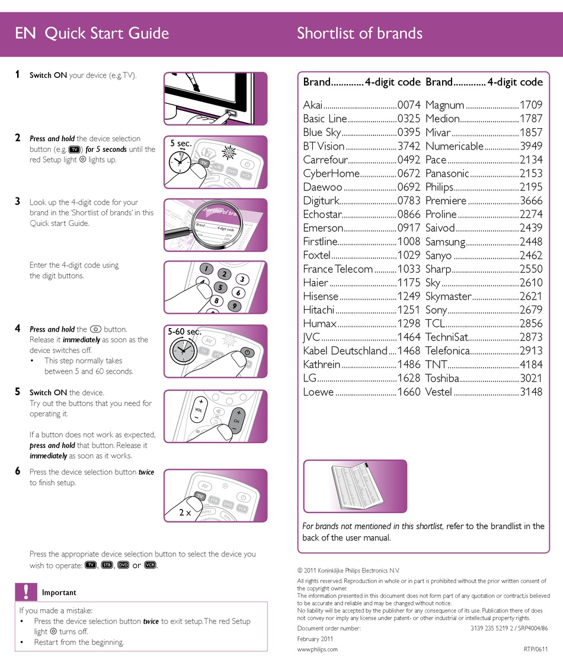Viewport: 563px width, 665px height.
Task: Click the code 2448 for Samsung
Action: point(530,241)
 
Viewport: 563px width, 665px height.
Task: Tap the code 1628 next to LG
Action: point(409,378)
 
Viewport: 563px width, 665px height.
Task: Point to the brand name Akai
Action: point(312,105)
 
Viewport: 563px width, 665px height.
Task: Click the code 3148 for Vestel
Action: point(530,392)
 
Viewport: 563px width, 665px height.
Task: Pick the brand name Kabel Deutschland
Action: point(345,351)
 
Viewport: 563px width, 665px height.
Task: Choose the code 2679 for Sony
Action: point(530,310)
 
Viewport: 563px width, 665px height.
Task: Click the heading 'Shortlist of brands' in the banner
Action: point(360,33)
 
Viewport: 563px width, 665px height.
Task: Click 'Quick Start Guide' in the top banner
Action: point(107,33)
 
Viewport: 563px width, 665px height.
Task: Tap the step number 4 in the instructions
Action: point(18,329)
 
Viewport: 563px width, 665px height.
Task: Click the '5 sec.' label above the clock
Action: point(181,143)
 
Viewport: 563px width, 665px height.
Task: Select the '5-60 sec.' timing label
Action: point(184,331)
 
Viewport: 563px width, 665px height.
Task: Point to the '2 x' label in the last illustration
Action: point(185,513)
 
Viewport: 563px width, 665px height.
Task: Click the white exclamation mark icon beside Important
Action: point(26,592)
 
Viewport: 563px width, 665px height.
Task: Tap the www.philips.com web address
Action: point(317,649)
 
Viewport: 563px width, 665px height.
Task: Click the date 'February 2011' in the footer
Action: point(315,638)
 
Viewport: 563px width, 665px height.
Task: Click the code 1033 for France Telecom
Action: point(409,269)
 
